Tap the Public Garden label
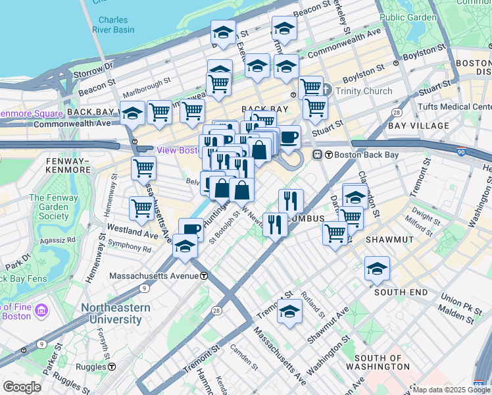(x=408, y=17)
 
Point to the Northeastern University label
(x=116, y=313)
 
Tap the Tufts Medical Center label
(x=455, y=106)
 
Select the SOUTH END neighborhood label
(x=400, y=292)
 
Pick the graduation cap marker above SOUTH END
(x=377, y=269)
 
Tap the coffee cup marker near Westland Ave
(x=191, y=230)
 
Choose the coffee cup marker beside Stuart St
(x=288, y=137)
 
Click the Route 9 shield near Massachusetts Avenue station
(x=143, y=288)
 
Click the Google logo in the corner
(x=22, y=386)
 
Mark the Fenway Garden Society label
(x=49, y=207)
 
